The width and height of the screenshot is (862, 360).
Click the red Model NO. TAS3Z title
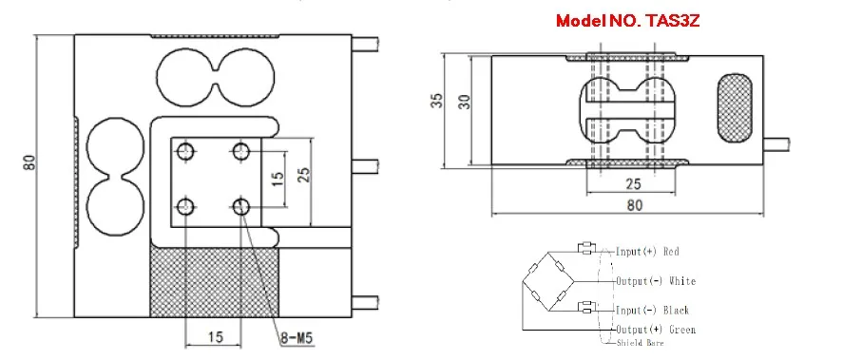pos(627,21)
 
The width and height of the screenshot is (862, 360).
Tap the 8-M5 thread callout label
pos(296,337)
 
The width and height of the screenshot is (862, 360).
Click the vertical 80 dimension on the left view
pos(29,162)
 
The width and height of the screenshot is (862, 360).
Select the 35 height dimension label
pos(437,101)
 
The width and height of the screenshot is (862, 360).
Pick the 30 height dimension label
pos(465,101)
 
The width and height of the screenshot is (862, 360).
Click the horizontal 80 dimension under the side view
pos(634,205)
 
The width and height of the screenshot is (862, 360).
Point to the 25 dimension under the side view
pos(634,183)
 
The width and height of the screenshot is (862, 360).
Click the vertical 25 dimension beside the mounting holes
pos(304,174)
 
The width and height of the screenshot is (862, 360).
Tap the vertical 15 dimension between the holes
pos(278,178)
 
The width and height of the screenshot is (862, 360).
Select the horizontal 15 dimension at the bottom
pos(215,337)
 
